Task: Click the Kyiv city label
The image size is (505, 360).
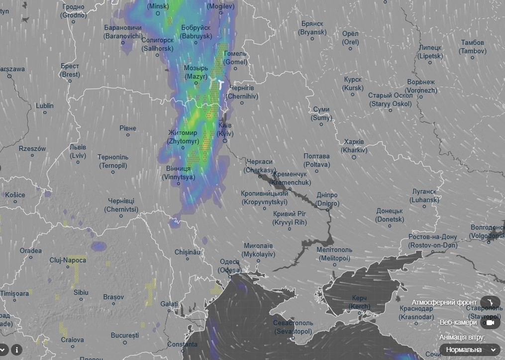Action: click(225, 130)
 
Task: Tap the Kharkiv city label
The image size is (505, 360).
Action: click(354, 146)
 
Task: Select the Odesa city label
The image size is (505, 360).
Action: click(229, 266)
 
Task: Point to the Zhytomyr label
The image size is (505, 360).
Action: click(183, 137)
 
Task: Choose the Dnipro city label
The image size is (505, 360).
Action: click(327, 200)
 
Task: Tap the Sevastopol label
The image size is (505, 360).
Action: click(293, 327)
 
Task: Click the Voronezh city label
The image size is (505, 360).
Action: click(421, 86)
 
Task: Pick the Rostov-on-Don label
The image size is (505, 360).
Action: click(432, 241)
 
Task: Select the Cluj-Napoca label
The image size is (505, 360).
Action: click(68, 260)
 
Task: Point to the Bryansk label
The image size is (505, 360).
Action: click(312, 28)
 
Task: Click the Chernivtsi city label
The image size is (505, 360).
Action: click(121, 205)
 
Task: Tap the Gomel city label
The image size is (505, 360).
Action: click(235, 58)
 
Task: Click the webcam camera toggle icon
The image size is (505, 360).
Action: click(490, 323)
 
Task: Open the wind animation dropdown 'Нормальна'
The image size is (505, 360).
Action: click(471, 350)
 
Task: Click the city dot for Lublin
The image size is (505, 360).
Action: click(45, 113)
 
